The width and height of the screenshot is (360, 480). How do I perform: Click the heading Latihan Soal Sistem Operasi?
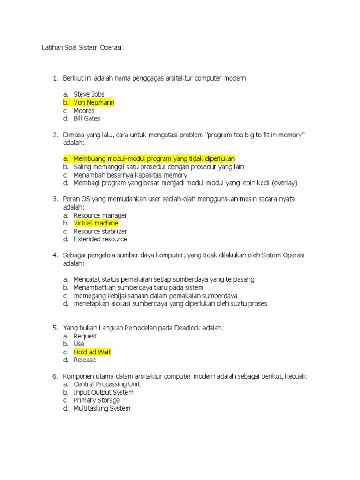[x=83, y=48]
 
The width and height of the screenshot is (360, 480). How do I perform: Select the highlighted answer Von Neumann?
[x=94, y=102]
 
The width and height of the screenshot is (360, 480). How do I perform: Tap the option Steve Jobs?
[x=89, y=94]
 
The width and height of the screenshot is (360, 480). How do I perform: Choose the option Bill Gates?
[x=87, y=119]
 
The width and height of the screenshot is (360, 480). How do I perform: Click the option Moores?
[x=84, y=111]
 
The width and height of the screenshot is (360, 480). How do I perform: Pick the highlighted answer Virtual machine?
[x=96, y=223]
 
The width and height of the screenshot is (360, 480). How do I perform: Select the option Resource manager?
[x=100, y=215]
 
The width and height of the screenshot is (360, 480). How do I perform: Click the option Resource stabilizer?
[x=100, y=231]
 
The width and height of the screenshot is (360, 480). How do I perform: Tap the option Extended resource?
[x=100, y=239]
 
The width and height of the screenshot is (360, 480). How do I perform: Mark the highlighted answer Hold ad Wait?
[x=92, y=352]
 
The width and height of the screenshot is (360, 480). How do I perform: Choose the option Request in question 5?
[x=85, y=336]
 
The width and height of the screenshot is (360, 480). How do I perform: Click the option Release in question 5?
[x=84, y=360]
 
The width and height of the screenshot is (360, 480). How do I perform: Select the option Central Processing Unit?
[x=107, y=384]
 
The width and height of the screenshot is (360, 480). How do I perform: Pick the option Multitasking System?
[x=102, y=408]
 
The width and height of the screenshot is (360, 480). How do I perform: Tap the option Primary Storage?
[x=96, y=400]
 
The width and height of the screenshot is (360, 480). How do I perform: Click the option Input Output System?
[x=103, y=392]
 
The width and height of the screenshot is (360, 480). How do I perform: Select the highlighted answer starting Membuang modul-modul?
[x=154, y=159]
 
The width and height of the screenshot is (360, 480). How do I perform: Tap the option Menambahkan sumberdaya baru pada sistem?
[x=138, y=287]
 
